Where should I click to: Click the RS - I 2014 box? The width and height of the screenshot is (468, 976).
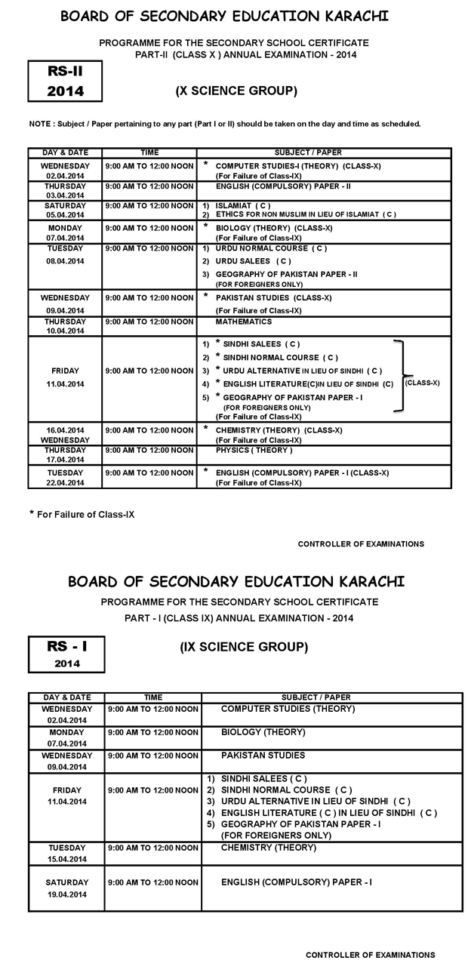coord(66,654)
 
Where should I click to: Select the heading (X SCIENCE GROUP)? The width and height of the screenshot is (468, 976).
coord(236,91)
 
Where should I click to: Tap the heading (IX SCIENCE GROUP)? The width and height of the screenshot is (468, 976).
coord(244,647)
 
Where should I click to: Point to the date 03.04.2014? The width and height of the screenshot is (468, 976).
coord(65,195)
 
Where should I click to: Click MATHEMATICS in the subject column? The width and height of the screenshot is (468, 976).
coord(244,322)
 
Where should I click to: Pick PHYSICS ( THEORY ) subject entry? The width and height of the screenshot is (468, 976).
coord(254,450)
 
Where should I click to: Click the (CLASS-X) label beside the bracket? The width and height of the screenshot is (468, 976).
coord(423,383)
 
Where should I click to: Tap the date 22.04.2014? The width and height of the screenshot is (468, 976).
coord(65,482)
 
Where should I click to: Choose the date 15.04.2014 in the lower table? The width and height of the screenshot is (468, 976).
coord(66,859)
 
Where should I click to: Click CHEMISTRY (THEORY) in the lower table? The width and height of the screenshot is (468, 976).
coord(268,848)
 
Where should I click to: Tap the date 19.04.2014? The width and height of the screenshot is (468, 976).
coord(66,894)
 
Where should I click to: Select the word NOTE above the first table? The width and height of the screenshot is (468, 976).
coord(38,124)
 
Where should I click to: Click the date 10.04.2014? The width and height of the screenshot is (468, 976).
coord(65,331)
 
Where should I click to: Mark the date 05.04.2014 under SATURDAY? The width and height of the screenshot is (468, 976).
coord(65,214)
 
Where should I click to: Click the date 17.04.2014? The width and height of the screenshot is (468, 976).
coord(65,460)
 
